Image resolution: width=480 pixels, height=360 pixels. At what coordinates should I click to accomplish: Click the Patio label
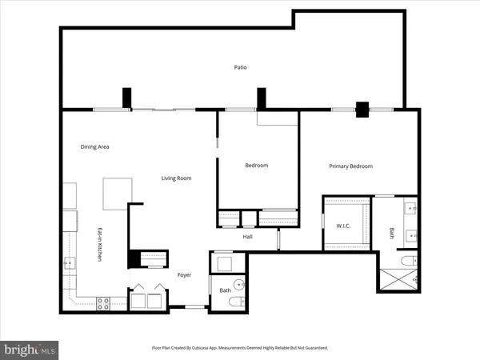coord(240,67)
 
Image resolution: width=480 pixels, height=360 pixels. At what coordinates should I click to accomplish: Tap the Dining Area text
coord(94,146)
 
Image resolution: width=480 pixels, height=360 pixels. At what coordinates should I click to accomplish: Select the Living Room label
coord(176,178)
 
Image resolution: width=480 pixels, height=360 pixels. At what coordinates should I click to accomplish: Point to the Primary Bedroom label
coord(351,166)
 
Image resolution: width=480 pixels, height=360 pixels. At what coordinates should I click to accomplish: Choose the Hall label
coord(248,236)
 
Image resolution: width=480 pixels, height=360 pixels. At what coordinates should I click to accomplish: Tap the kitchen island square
coord(117,193)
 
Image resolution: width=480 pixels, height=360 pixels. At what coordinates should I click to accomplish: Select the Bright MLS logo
coord(30,349)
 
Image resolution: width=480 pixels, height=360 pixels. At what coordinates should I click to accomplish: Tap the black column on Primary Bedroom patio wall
coord(362,109)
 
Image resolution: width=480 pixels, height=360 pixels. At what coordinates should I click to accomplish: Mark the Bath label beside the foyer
coord(225,290)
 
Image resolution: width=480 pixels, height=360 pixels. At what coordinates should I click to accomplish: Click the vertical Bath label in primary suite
coord(392,234)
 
